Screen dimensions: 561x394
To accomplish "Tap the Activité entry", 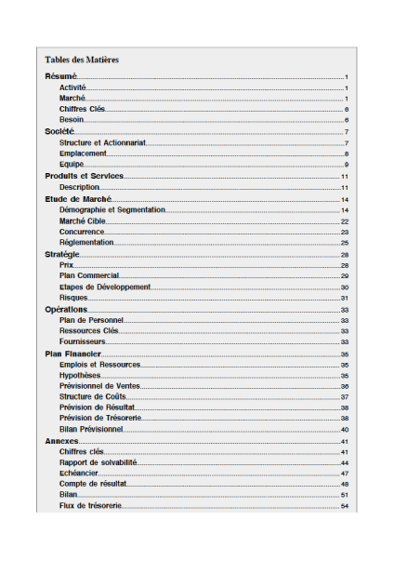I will (x=72, y=87).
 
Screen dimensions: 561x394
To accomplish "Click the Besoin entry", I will (x=72, y=120).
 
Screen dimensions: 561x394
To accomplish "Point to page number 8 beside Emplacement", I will (x=346, y=154).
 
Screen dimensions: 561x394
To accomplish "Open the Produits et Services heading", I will (x=84, y=176).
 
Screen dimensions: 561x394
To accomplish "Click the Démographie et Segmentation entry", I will (x=112, y=210).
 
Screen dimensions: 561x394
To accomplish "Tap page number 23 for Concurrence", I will (x=344, y=232).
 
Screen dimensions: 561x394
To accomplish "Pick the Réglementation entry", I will (x=86, y=243).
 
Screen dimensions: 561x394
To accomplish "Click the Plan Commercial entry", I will (x=90, y=276).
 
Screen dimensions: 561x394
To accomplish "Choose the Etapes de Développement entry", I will (x=104, y=287).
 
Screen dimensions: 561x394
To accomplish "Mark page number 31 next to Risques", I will (x=344, y=298).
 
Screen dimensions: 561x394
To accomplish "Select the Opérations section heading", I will (x=66, y=309).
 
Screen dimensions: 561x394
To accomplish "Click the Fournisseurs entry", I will (x=84, y=342).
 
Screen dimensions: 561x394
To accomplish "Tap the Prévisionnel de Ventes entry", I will (x=99, y=386).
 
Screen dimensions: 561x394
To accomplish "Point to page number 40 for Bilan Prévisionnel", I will (x=344, y=430).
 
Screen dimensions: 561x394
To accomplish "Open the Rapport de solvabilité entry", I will (x=98, y=462).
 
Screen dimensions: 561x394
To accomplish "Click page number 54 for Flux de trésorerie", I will (x=344, y=506).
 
